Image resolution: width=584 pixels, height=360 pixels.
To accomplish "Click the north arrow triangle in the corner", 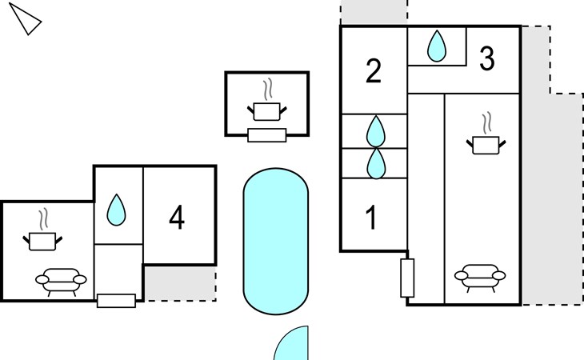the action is click(x=26, y=20).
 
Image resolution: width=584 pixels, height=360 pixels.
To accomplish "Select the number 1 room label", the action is click(x=371, y=218).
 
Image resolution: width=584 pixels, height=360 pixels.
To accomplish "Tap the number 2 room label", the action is click(x=374, y=70).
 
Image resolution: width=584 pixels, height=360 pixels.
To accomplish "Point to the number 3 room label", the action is click(x=487, y=58).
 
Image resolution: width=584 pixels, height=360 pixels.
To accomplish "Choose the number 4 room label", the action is click(x=177, y=218).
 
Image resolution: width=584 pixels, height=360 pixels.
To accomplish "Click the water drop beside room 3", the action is click(x=437, y=46).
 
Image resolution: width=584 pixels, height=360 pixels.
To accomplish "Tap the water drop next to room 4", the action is click(x=116, y=210).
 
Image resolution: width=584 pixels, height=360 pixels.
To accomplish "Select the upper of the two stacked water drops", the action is click(x=375, y=131).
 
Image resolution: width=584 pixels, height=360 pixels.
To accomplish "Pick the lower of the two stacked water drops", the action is click(x=376, y=164).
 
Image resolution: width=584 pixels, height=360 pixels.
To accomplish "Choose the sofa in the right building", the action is click(x=480, y=278).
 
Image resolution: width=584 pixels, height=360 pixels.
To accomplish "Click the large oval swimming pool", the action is click(x=276, y=242).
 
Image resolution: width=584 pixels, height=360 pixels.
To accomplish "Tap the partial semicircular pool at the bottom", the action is click(x=292, y=344).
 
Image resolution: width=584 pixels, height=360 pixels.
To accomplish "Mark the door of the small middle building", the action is click(x=267, y=135).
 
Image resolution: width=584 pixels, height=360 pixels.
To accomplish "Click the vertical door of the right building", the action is click(x=407, y=278).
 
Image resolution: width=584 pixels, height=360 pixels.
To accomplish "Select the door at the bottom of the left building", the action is click(x=116, y=301).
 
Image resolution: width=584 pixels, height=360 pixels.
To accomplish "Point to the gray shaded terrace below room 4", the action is click(x=180, y=283).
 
